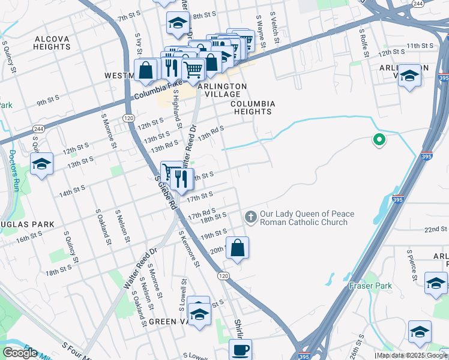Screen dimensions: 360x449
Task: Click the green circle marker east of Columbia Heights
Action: (379, 140)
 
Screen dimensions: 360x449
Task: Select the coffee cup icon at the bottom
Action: (241, 349)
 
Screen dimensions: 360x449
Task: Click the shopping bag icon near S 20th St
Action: (238, 247)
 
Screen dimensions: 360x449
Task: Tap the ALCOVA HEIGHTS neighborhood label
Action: (53, 43)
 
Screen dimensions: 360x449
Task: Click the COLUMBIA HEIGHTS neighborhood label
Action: (253, 108)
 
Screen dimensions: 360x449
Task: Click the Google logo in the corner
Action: (20, 352)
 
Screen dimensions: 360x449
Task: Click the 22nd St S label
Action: (436, 230)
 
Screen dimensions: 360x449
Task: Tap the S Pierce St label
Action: (411, 265)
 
